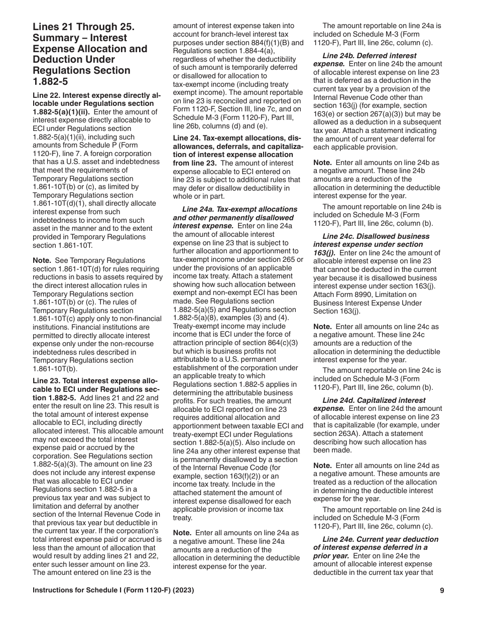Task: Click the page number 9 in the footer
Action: pos(442,590)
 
